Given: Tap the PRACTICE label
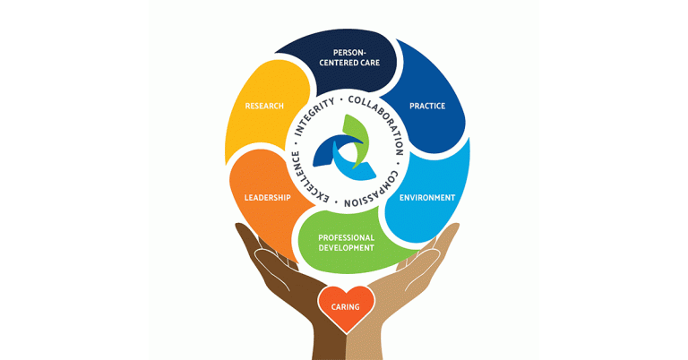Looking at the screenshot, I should pos(426,107).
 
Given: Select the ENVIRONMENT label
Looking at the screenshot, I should pos(426,197).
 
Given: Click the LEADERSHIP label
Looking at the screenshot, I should pos(267,198).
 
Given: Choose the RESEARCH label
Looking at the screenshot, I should pos(264,107).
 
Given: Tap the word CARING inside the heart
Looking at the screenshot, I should pos(345,307).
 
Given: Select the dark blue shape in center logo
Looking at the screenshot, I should pos(329,150).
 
